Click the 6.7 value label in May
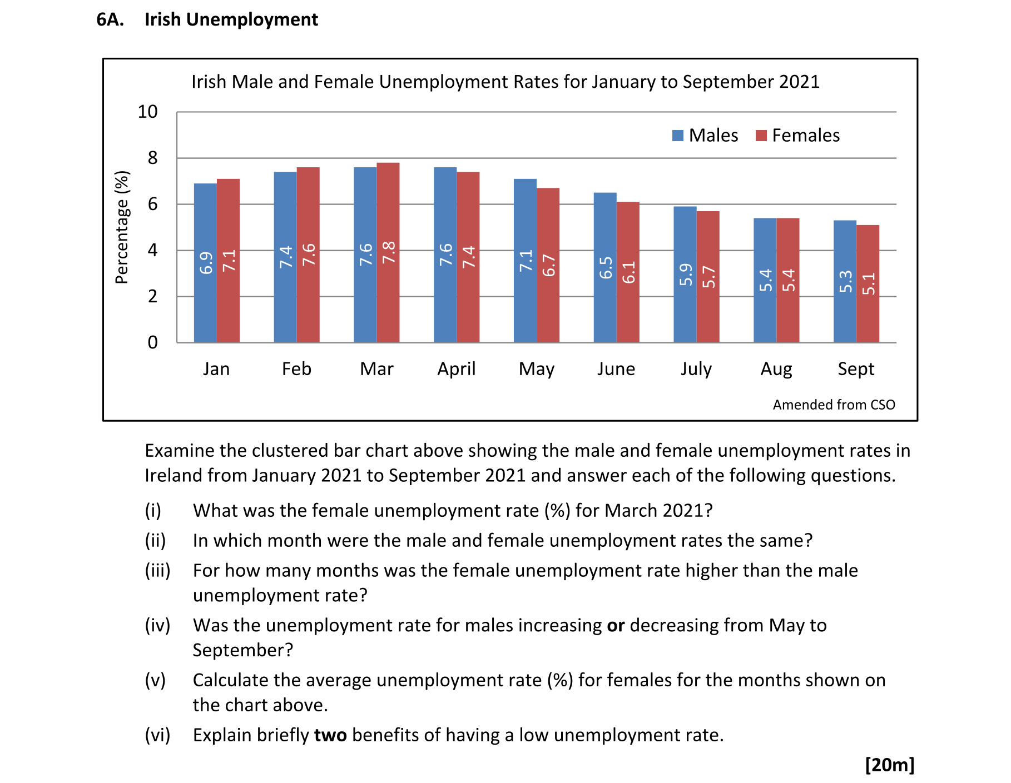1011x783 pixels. pyautogui.click(x=549, y=266)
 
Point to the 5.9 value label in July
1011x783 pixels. pyautogui.click(x=686, y=275)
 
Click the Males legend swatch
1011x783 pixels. pyautogui.click(x=677, y=136)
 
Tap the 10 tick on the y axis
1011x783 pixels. pyautogui.click(x=148, y=112)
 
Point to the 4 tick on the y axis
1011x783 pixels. pyautogui.click(x=152, y=250)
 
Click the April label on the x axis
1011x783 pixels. pyautogui.click(x=456, y=369)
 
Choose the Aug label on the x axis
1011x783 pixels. pyautogui.click(x=776, y=369)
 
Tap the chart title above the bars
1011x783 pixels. pyautogui.click(x=505, y=82)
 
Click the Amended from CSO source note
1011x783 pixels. pyautogui.click(x=834, y=405)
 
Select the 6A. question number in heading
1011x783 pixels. pyautogui.click(x=110, y=19)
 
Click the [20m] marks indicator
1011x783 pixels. pyautogui.click(x=889, y=765)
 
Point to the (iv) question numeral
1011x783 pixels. pyautogui.click(x=157, y=625)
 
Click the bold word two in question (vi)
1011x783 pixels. pyautogui.click(x=330, y=735)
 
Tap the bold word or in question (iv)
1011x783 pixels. pyautogui.click(x=616, y=625)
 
